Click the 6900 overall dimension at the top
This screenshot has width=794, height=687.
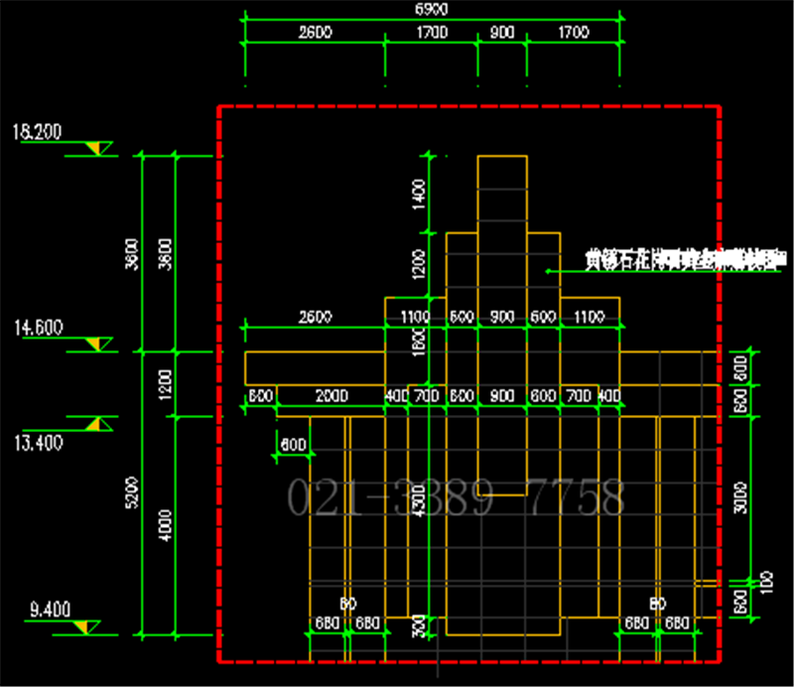431,9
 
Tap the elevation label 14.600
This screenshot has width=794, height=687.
36,326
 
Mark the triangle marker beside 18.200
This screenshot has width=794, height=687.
97,149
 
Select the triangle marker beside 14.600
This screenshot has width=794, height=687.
97,343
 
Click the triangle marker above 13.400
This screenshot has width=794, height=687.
97,424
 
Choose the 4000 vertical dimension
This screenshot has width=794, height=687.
165,526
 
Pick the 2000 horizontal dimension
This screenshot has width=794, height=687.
331,396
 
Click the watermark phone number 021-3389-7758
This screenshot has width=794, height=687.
456,496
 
